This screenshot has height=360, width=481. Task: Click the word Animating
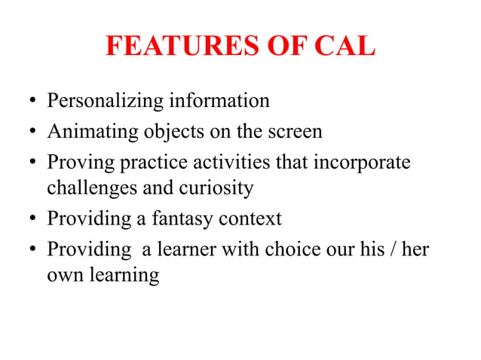(x=92, y=132)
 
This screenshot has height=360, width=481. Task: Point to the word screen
(x=294, y=132)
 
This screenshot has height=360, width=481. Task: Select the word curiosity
(x=219, y=188)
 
